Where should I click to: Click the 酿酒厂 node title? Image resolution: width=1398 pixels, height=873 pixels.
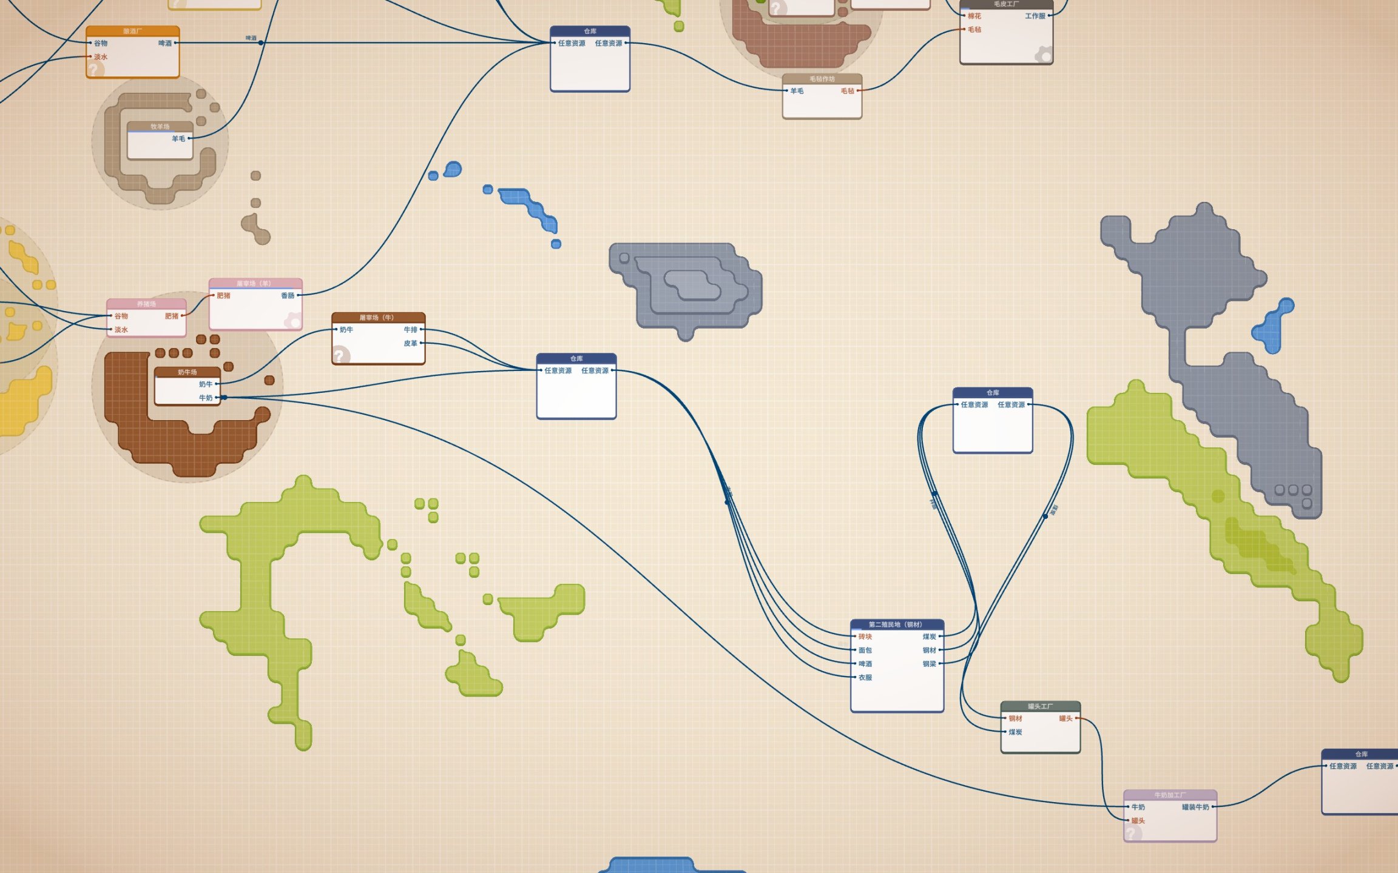pyautogui.click(x=132, y=31)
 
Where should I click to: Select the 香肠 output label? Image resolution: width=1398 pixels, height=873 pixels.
pyautogui.click(x=288, y=296)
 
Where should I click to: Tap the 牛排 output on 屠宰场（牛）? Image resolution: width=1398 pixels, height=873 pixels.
pyautogui.click(x=411, y=330)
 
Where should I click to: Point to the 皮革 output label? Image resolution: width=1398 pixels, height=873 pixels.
pyautogui.click(x=411, y=343)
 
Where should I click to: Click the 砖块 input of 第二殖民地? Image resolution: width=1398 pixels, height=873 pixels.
pyautogui.click(x=865, y=637)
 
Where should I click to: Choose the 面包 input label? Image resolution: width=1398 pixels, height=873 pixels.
pyautogui.click(x=865, y=650)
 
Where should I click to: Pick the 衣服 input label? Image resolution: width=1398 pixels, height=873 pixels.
pyautogui.click(x=865, y=677)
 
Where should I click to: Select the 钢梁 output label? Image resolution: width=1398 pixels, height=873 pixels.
pyautogui.click(x=930, y=664)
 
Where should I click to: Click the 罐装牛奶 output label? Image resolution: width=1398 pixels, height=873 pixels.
pyautogui.click(x=1195, y=807)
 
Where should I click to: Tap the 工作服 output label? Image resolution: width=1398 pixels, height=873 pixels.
pyautogui.click(x=1035, y=16)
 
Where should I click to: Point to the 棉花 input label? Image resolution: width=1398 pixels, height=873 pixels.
pyautogui.click(x=974, y=16)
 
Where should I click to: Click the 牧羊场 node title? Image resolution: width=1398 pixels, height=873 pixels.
pyautogui.click(x=160, y=127)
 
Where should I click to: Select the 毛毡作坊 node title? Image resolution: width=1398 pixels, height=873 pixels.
pyautogui.click(x=822, y=79)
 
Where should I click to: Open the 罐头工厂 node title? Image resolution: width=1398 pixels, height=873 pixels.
pyautogui.click(x=1040, y=706)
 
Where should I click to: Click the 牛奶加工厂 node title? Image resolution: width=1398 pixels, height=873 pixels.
pyautogui.click(x=1170, y=795)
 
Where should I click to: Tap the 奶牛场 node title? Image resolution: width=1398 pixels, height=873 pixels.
pyautogui.click(x=187, y=372)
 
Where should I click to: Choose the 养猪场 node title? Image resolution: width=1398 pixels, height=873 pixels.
pyautogui.click(x=146, y=304)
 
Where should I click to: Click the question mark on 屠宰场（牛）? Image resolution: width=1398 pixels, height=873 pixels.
pyautogui.click(x=340, y=355)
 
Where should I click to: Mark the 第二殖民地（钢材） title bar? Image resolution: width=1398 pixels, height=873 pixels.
pyautogui.click(x=896, y=624)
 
